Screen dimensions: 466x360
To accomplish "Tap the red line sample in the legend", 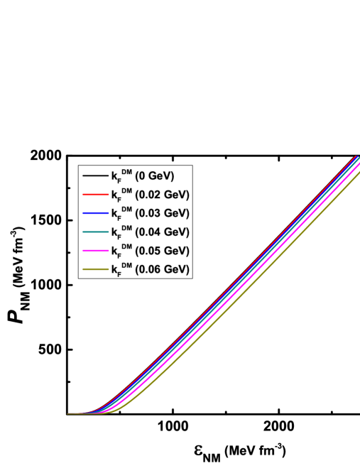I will (x=95, y=195).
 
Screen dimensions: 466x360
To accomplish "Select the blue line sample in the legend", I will (x=95, y=213).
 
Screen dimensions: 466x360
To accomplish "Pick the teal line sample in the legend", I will (x=95, y=232).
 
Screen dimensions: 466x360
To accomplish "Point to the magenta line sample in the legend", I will (x=95, y=251).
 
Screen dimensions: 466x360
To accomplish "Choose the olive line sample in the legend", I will (x=95, y=269).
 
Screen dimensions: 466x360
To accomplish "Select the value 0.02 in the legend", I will (x=151, y=195).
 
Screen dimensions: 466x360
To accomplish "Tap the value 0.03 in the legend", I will (x=151, y=213).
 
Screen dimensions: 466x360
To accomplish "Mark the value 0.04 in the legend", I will (x=151, y=232).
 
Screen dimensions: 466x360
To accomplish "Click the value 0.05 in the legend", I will (x=151, y=251).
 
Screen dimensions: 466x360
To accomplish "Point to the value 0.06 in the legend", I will (x=151, y=269).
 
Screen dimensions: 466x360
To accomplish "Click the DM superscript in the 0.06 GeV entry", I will (x=126, y=265).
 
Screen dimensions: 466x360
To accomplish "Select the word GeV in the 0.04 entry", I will (x=175, y=232).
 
